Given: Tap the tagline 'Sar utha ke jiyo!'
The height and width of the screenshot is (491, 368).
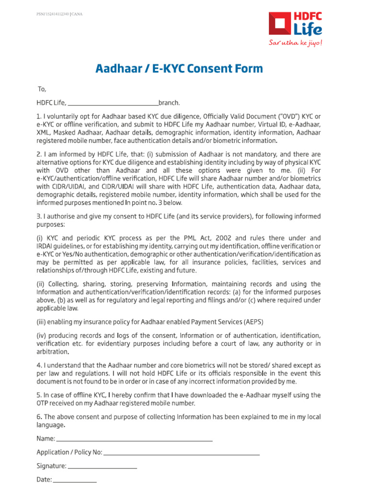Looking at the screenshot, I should point(295,44).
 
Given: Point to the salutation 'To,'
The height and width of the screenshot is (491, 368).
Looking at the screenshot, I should point(42,89).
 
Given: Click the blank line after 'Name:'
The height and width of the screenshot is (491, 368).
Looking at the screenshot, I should point(135,439).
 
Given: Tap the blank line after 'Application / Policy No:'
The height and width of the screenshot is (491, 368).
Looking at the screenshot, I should point(182,452).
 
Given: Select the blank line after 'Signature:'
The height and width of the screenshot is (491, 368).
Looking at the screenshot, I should point(103,466).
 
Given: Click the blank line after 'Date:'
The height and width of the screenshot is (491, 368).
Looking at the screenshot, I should point(74,479).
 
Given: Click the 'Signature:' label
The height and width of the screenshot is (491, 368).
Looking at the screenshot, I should point(51,466).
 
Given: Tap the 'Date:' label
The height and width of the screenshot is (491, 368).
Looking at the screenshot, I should point(44,479).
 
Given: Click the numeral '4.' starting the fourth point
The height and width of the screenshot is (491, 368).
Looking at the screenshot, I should point(40,365).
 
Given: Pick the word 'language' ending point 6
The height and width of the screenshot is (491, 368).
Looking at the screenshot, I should point(50,425).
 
